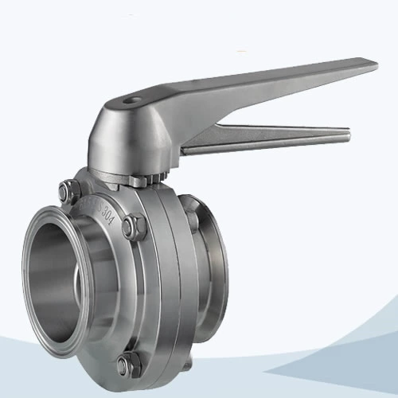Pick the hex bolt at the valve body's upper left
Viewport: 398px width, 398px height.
click(x=67, y=191)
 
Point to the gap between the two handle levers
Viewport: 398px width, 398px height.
click(x=263, y=119)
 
